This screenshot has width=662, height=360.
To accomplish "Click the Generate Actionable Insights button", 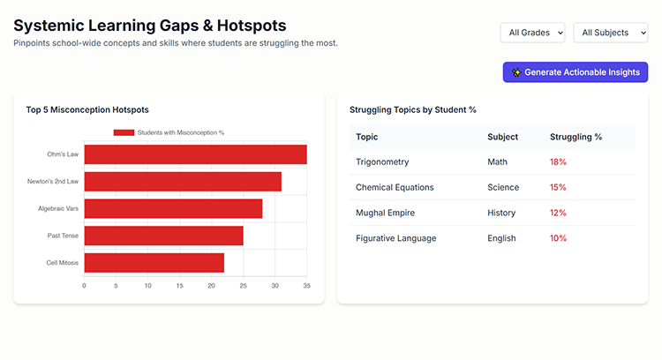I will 575,72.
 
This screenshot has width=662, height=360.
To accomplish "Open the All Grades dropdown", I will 532,33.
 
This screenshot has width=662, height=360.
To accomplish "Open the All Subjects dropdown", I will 610,33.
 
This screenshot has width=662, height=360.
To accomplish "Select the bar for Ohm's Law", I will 195,154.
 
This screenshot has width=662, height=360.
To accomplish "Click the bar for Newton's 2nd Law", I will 183,182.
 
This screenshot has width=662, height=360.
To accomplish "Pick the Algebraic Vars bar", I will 173,209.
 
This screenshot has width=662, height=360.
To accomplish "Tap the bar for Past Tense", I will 163,236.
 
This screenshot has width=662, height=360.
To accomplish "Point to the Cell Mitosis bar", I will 154,263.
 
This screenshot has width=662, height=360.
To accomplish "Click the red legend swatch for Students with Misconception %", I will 124,132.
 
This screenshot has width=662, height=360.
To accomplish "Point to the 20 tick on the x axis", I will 211,286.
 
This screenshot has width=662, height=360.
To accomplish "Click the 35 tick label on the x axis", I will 306,286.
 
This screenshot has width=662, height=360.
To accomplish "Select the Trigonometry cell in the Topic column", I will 382,162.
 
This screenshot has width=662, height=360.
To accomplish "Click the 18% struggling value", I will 558,162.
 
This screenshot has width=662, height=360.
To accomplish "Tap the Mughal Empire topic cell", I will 385,213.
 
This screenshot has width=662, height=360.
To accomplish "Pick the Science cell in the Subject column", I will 503,187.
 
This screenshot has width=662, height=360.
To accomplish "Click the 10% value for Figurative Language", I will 558,238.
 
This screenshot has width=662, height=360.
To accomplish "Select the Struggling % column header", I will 575,137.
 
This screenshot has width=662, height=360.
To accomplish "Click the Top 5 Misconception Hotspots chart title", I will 87,109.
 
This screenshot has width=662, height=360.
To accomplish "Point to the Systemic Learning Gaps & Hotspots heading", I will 150,26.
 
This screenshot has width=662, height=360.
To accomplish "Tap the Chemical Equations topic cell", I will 395,187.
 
